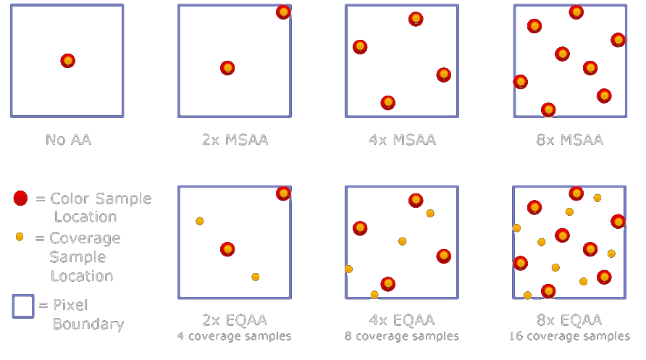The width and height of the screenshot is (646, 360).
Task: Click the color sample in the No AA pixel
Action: click(67, 61)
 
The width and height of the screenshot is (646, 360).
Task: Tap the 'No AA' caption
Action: click(67, 139)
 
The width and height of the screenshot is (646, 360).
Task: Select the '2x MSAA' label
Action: click(235, 139)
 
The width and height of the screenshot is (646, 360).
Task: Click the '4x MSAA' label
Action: click(402, 139)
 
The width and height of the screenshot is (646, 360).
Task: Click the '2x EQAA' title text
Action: click(235, 320)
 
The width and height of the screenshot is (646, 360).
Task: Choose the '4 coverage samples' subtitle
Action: click(235, 336)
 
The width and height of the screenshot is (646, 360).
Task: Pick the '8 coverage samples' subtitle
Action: click(402, 336)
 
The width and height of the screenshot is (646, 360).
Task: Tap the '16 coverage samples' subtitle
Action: click(569, 336)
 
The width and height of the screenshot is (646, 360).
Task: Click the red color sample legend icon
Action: click(20, 198)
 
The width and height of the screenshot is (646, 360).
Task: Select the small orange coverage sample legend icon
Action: click(20, 237)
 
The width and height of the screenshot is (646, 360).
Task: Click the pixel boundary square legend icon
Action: click(22, 306)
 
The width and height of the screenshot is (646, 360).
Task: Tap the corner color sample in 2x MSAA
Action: click(283, 12)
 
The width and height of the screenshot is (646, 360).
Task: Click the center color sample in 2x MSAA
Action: click(227, 68)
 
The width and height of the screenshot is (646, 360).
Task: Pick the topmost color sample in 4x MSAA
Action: click(416, 19)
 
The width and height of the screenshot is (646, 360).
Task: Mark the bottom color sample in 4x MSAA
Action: click(388, 103)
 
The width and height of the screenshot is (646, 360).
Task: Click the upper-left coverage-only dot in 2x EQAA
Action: click(200, 221)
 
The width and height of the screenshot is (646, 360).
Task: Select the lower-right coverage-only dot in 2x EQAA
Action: click(255, 277)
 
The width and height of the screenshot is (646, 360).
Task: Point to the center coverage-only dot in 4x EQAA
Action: click(402, 241)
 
